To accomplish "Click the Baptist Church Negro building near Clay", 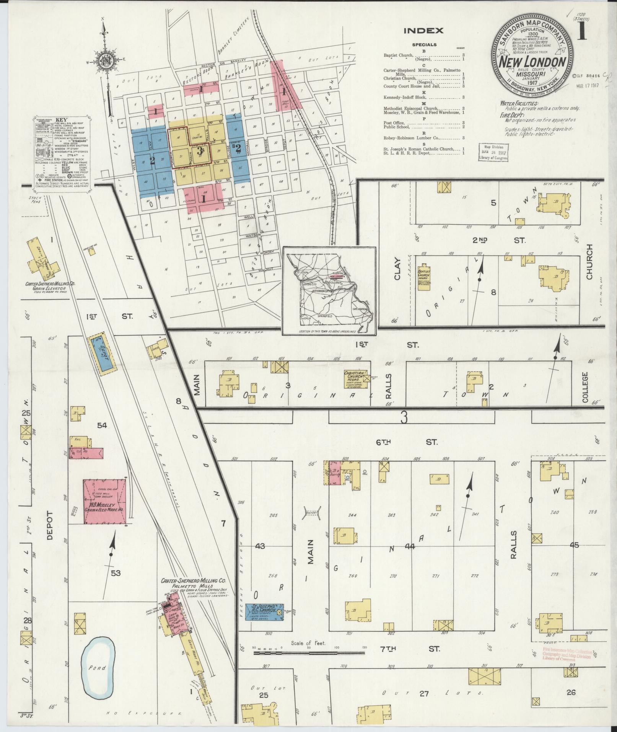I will (423, 277).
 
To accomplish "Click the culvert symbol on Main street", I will (312, 513).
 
